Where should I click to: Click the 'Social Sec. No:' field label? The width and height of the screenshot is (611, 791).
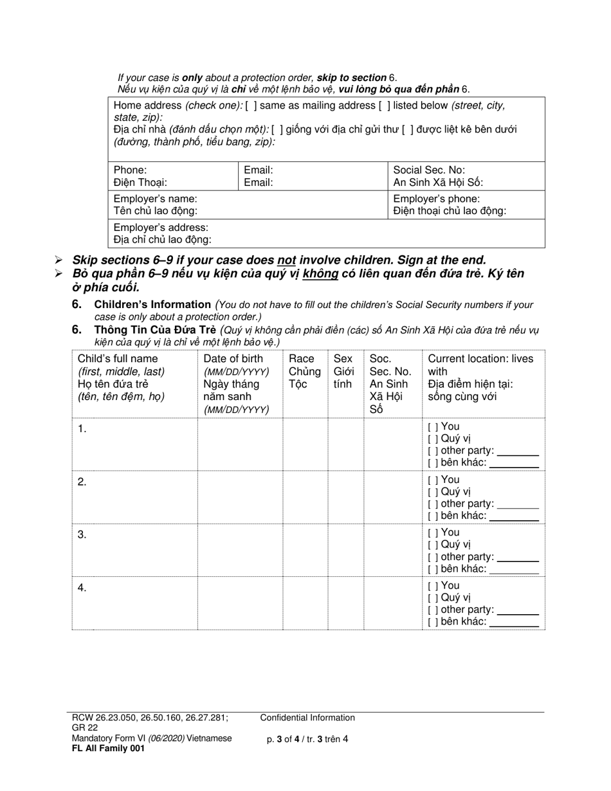pyautogui.click(x=428, y=170)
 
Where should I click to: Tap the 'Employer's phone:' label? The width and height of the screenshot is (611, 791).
pyautogui.click(x=436, y=199)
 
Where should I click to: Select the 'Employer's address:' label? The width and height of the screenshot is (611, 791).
pyautogui.click(x=161, y=228)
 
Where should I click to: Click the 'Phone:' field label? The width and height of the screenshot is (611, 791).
pyautogui.click(x=130, y=170)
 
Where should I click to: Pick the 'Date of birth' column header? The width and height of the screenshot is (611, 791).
pyautogui.click(x=233, y=359)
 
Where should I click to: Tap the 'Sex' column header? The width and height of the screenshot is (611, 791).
pyautogui.click(x=342, y=359)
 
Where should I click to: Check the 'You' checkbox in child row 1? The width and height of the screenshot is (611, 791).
pyautogui.click(x=433, y=427)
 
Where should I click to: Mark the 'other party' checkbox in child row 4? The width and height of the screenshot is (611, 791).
pyautogui.click(x=433, y=610)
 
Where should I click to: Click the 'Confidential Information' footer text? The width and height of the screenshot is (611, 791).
pyautogui.click(x=307, y=718)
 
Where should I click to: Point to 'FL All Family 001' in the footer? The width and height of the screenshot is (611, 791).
pyautogui.click(x=109, y=749)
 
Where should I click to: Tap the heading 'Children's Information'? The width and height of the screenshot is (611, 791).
pyautogui.click(x=152, y=304)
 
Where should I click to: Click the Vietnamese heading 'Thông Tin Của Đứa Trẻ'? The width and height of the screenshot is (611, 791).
pyautogui.click(x=155, y=330)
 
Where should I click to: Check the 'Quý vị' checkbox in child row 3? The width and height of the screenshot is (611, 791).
pyautogui.click(x=433, y=545)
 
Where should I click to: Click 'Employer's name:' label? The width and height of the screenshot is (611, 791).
pyautogui.click(x=155, y=199)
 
